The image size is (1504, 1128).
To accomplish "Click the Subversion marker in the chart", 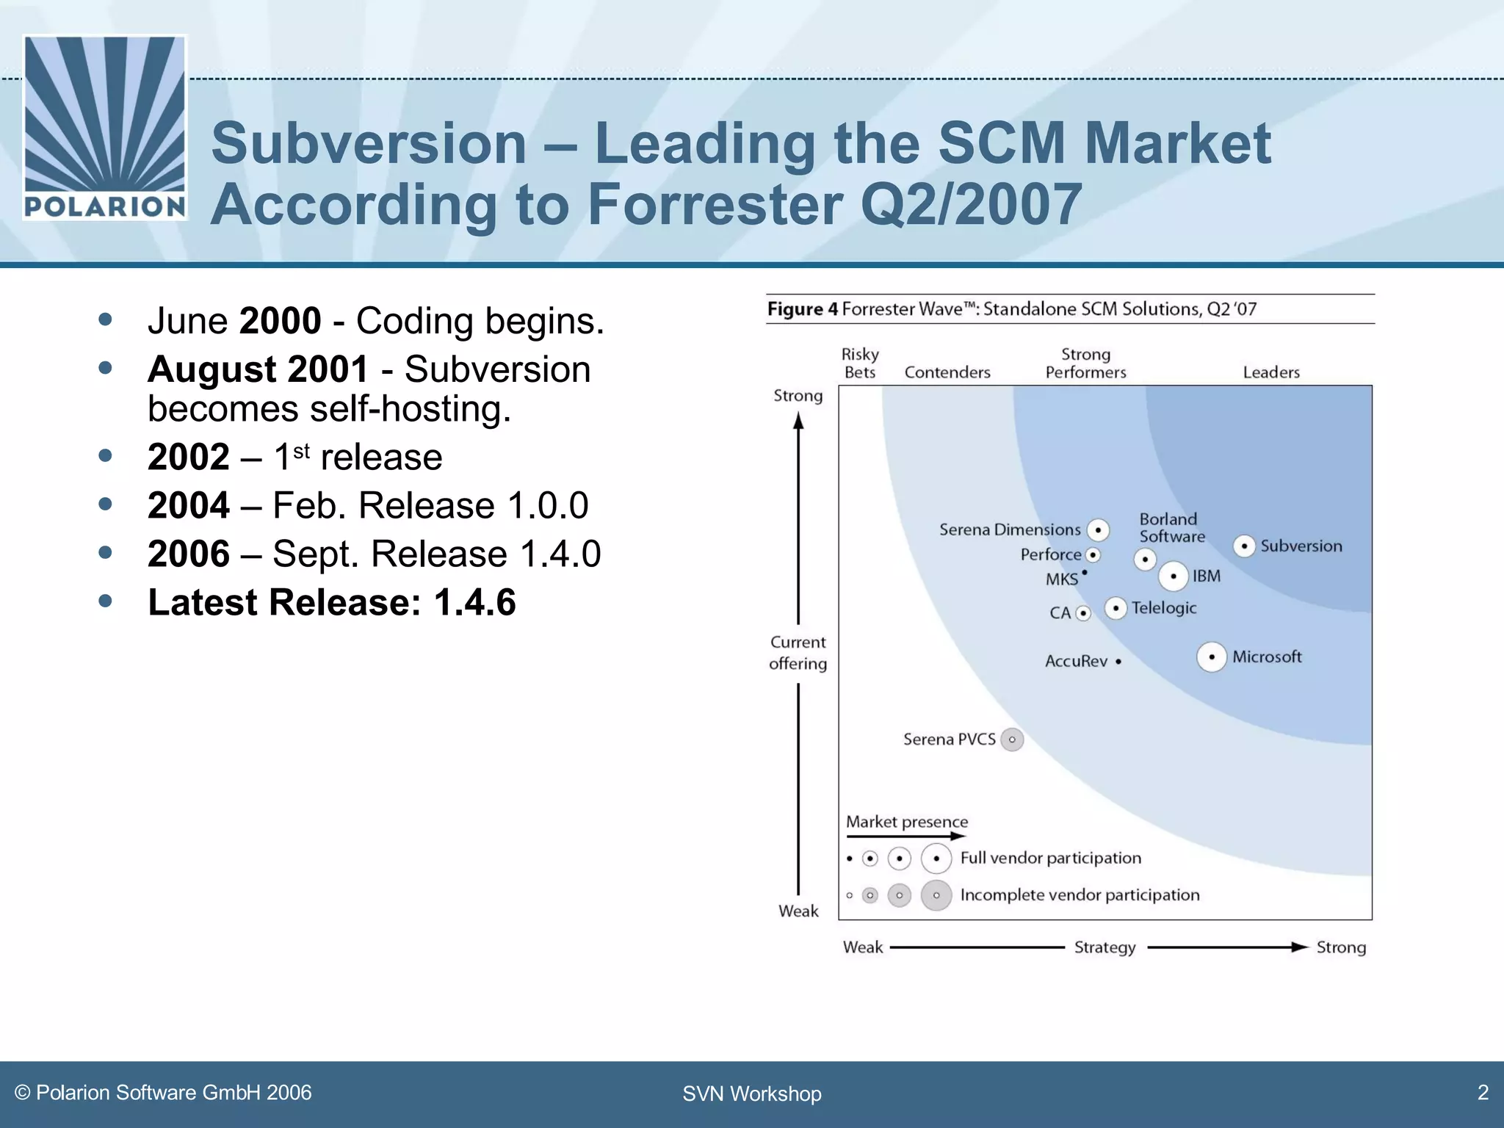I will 1243,546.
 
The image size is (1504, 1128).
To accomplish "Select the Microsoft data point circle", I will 1212,657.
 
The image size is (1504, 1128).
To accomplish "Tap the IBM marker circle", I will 1174,576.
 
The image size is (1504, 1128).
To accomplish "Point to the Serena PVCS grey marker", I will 1012,740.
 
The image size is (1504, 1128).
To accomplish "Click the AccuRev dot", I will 1118,662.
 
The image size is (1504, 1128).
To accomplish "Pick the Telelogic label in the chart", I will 1164,608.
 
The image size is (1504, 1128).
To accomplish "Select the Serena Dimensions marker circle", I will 1098,529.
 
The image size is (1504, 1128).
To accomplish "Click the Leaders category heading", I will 1271,372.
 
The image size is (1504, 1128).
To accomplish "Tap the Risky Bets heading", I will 860,364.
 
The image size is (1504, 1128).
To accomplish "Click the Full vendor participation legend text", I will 1050,858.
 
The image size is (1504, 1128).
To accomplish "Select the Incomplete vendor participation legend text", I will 1080,894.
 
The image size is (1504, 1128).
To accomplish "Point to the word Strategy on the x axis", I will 1104,947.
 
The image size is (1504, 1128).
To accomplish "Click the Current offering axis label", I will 798,653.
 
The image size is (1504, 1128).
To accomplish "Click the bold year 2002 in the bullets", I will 189,457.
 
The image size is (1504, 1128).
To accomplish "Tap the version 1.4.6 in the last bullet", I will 474,602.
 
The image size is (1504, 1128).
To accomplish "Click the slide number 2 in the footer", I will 1482,1093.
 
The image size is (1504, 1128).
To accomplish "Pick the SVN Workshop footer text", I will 751,1093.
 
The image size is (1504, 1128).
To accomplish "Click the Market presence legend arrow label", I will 907,822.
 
